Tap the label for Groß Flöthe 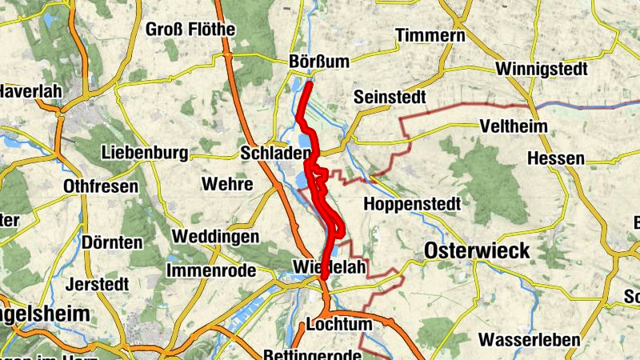pos(190,30)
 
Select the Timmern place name pos(430,35)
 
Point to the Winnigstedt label pos(542,69)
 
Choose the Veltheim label pos(513,126)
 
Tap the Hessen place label pos(556,158)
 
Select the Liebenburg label pos(145,152)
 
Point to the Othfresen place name pos(100,186)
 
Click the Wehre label pos(228,184)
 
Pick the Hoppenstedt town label pos(412,204)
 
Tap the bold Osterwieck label pos(477,250)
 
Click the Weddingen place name pos(215,237)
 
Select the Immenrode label pos(212,270)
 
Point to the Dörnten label pos(112,242)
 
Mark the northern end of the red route pos(310,82)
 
